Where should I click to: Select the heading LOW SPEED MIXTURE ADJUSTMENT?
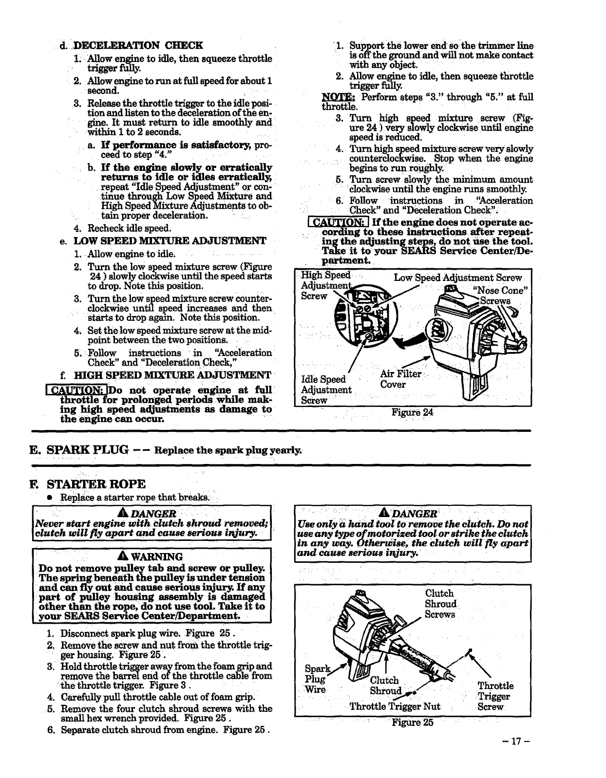170,241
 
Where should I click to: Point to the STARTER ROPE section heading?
96,484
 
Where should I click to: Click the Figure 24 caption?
412,412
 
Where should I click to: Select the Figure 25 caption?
412,722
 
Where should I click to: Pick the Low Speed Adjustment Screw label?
457,278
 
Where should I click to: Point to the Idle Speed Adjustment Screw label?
325,389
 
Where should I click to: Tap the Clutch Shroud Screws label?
440,604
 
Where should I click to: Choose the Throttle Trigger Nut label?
395,706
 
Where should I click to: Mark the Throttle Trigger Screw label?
495,696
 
